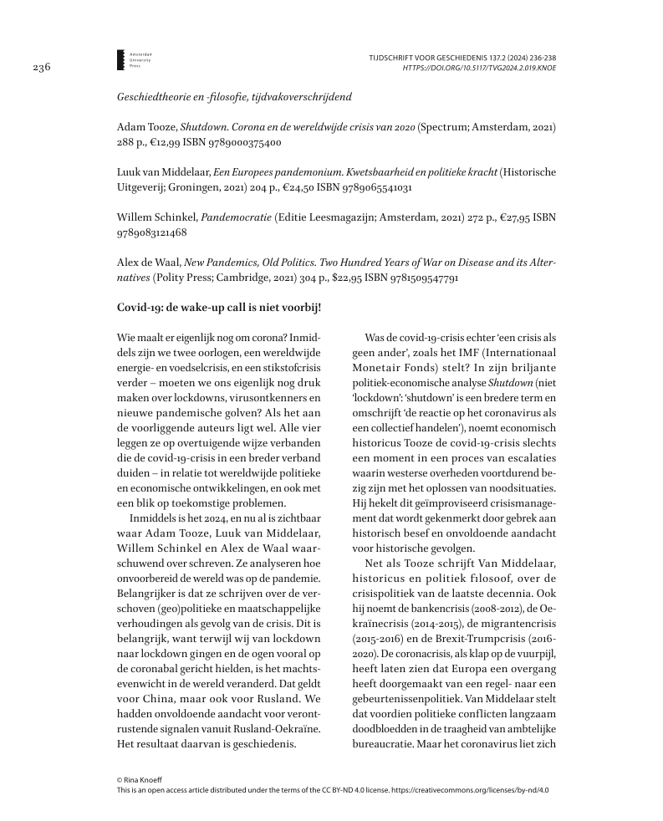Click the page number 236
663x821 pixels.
[x=41, y=68]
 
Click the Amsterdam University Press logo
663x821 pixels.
[x=122, y=59]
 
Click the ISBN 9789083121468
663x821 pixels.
[x=151, y=232]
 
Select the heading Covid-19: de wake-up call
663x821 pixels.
[x=219, y=307]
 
